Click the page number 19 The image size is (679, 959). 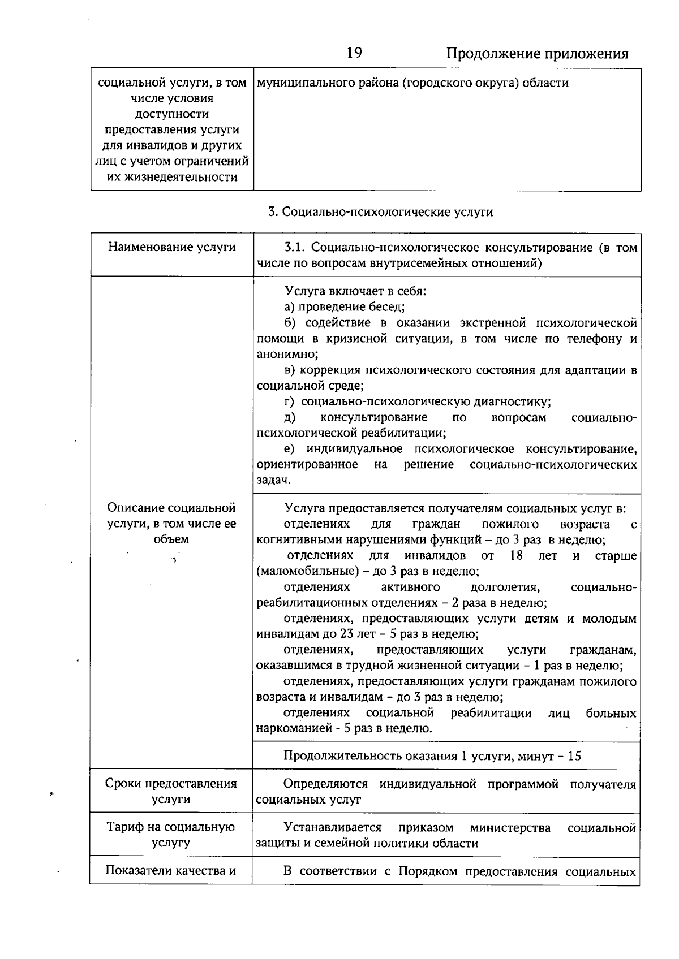pyautogui.click(x=354, y=53)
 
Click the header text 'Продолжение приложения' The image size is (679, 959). pyautogui.click(x=537, y=54)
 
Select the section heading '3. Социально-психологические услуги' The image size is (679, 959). pyautogui.click(x=380, y=212)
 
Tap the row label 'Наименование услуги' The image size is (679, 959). pyautogui.click(x=172, y=248)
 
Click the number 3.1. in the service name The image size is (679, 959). pyautogui.click(x=294, y=248)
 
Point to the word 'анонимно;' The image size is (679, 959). pyautogui.click(x=287, y=355)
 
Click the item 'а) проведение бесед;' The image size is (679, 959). pyautogui.click(x=344, y=307)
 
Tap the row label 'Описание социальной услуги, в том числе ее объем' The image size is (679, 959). pyautogui.click(x=171, y=524)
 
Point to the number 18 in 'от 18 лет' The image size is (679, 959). pyautogui.click(x=515, y=555)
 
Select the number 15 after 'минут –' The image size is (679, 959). pyautogui.click(x=574, y=757)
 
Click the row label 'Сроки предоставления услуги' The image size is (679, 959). pyautogui.click(x=171, y=792)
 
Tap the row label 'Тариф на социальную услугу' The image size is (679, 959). pyautogui.click(x=171, y=835)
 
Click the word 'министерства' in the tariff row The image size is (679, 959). pyautogui.click(x=510, y=828)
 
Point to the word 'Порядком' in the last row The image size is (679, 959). pyautogui.click(x=428, y=871)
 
